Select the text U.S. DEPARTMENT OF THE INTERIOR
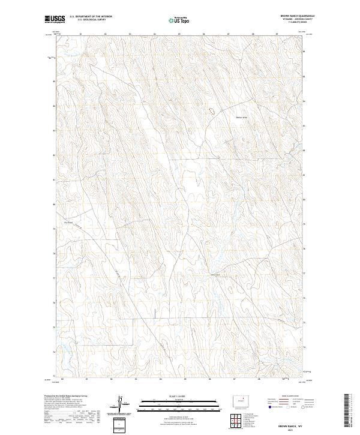click(x=91, y=17)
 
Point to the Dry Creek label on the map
click(x=68, y=222)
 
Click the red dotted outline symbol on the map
click(x=211, y=110)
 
